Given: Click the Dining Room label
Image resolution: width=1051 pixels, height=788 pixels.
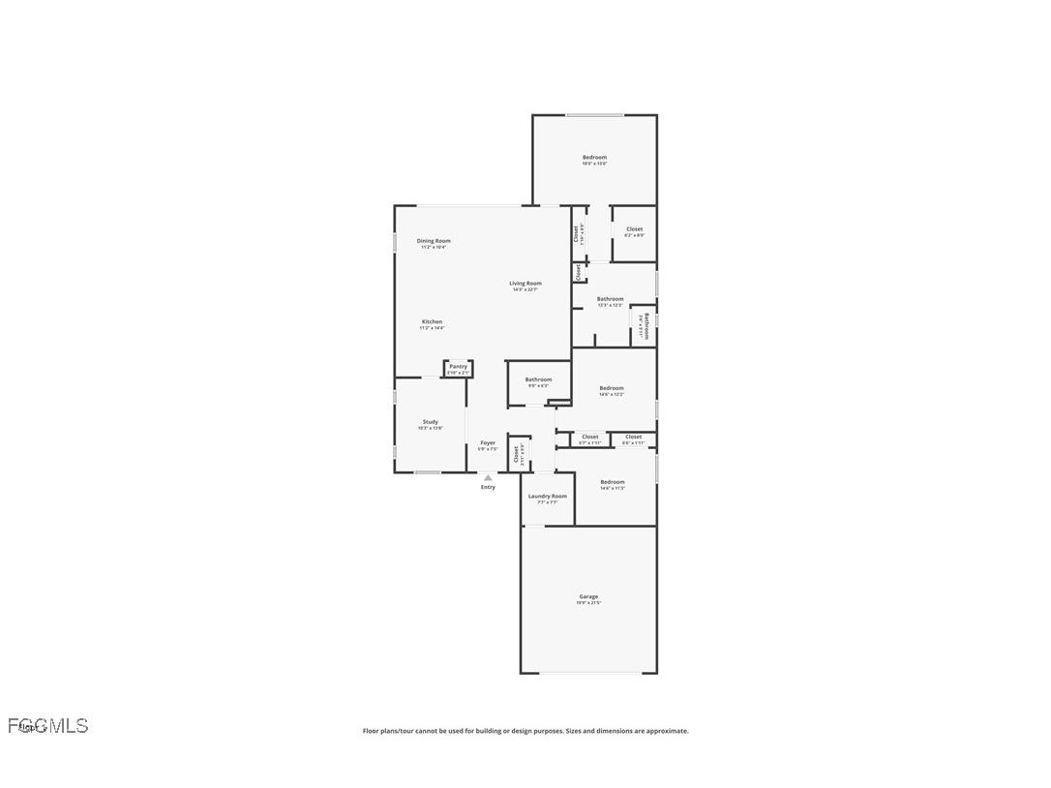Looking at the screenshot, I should pos(434,241).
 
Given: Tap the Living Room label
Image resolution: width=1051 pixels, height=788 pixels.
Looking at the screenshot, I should pos(525,284).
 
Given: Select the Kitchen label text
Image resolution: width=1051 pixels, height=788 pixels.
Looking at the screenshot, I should pos(432,322).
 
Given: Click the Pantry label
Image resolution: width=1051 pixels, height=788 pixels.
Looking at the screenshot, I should pos(458,367).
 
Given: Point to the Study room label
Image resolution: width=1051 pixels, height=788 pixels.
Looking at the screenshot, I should pos(430,422).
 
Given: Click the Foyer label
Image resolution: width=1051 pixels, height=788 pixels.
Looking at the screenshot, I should pos(488,443).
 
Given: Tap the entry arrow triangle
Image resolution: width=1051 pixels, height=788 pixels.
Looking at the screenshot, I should pos(488,477).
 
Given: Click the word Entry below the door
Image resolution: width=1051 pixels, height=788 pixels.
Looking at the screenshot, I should pos(488,487).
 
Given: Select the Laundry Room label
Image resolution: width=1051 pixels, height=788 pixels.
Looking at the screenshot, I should pos(548,497).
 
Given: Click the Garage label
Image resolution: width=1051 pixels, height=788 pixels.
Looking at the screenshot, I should pos(588,597).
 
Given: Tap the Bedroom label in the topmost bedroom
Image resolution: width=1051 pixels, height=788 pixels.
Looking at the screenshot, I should pos(594,158).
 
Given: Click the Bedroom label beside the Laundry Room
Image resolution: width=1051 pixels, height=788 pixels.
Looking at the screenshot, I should pos(613,482).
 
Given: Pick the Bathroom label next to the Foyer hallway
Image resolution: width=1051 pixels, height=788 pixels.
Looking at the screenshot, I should pos(538,379).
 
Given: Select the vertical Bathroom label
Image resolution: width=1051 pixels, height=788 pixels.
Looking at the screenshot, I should pos(646,324).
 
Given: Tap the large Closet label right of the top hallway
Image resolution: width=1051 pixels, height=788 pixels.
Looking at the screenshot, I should pos(634,229).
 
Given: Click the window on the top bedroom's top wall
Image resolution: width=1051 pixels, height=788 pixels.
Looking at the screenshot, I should pos(594,116).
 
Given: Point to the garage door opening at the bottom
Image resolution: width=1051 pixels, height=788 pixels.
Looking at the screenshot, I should pos(588,673).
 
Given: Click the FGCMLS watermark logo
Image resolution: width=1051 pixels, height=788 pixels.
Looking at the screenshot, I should pos(48,726).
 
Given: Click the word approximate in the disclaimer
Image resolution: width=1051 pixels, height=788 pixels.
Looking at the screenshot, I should pos(667,731).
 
